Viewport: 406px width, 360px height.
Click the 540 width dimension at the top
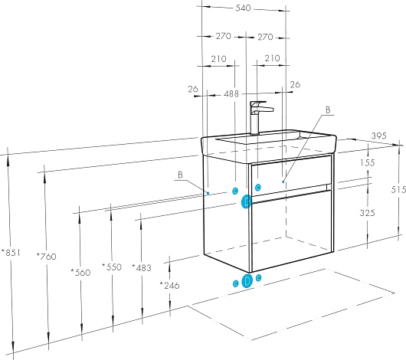(x=243, y=8)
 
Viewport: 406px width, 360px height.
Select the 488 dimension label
(x=231, y=93)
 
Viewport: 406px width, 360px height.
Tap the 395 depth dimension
(x=379, y=136)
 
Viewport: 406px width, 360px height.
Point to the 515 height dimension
(x=398, y=190)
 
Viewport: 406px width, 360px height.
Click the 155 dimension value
(x=368, y=162)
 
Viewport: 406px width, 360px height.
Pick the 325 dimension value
(x=368, y=213)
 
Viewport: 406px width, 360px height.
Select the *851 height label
(x=11, y=252)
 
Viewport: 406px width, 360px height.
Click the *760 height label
(x=47, y=257)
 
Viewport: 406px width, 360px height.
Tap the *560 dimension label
(x=80, y=273)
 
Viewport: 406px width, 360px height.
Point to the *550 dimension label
(x=112, y=267)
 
